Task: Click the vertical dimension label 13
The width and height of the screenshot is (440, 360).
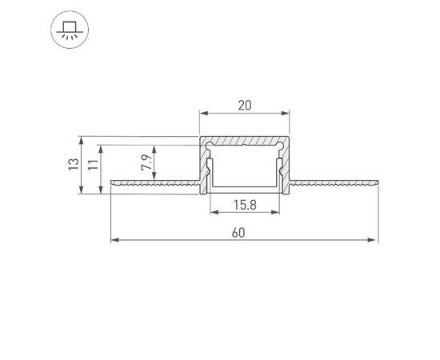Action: click(x=73, y=166)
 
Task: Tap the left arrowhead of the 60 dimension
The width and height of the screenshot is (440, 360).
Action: click(x=114, y=239)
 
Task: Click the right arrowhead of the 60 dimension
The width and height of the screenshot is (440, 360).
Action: click(x=374, y=239)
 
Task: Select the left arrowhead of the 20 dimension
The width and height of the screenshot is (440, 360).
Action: click(x=203, y=114)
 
